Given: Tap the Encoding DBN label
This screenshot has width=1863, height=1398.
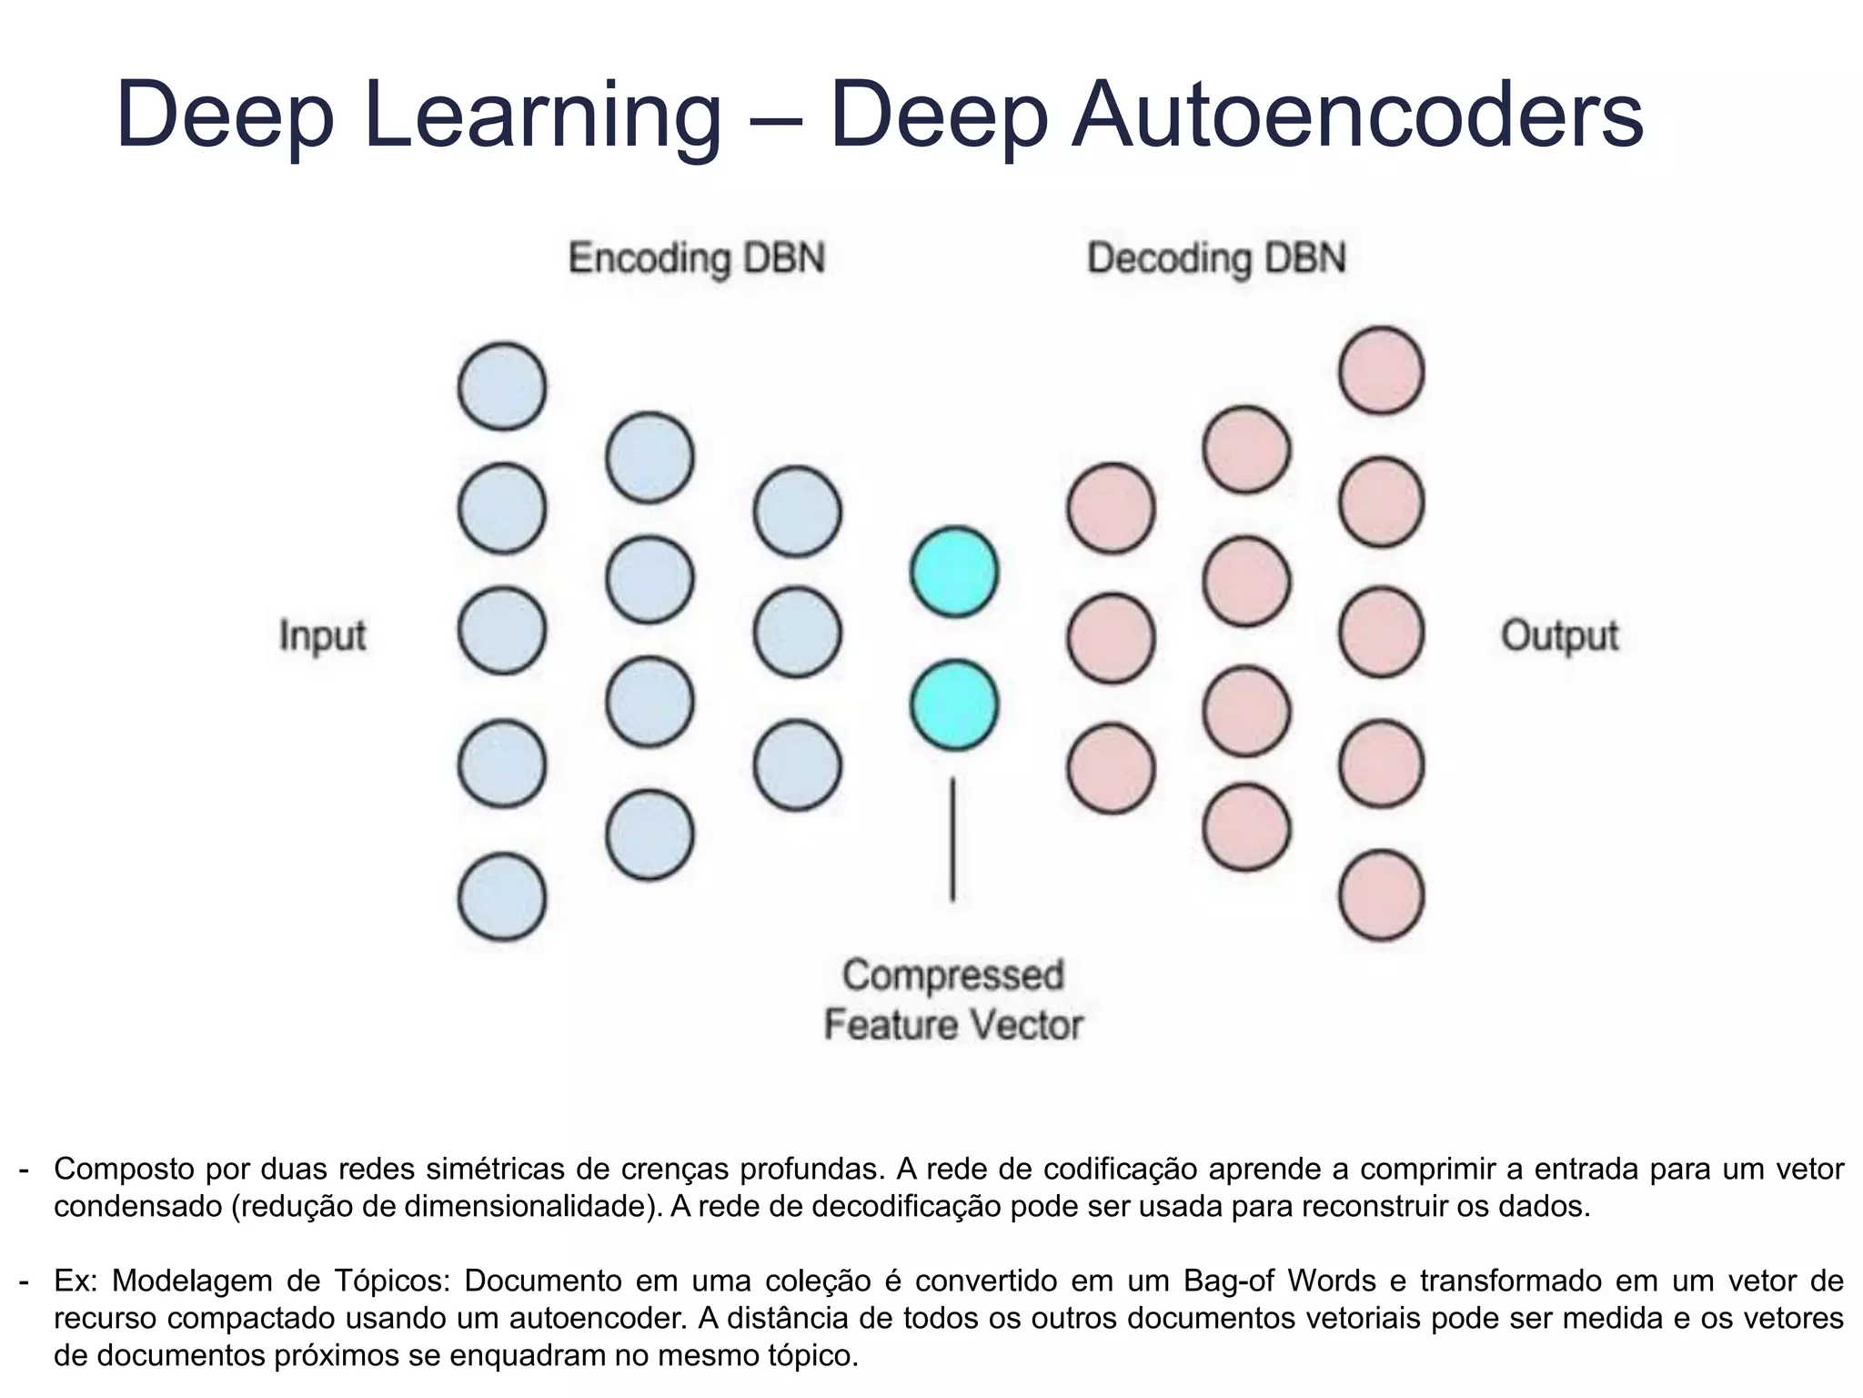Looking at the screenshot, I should pos(696,258).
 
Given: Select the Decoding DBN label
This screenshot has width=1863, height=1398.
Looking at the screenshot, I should pos(1216,258).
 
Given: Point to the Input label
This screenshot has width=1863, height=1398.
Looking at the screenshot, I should pos(322,634).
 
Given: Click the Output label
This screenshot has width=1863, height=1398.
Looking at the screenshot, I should pos(1559,634).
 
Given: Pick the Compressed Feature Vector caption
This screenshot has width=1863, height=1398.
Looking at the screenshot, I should pos(952,999).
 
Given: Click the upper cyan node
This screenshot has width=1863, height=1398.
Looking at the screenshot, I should pos(954,572).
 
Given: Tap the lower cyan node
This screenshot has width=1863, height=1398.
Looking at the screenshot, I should pos(954,704).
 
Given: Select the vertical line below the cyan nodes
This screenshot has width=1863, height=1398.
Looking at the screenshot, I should pos(952,838).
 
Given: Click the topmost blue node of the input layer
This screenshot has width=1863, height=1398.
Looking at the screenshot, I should pos(502,386).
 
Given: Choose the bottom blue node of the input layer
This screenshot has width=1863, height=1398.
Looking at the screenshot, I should pos(502,897).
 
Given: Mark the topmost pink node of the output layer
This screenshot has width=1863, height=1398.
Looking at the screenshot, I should pos(1381,370).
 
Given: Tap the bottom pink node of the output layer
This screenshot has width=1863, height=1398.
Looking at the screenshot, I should pos(1381,895).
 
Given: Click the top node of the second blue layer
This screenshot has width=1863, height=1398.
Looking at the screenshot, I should pos(650,457).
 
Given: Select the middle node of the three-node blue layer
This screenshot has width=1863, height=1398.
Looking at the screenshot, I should pos(797,633).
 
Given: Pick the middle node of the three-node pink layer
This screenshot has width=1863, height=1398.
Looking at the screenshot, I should pos(1111,639).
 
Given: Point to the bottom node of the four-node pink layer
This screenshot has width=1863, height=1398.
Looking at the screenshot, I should pos(1245,827).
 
